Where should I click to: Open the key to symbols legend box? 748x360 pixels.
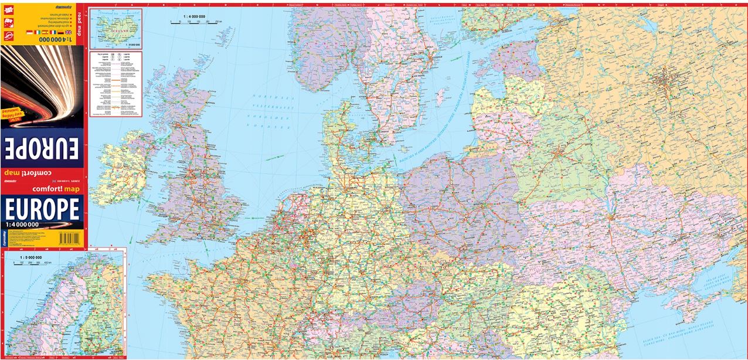116,83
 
